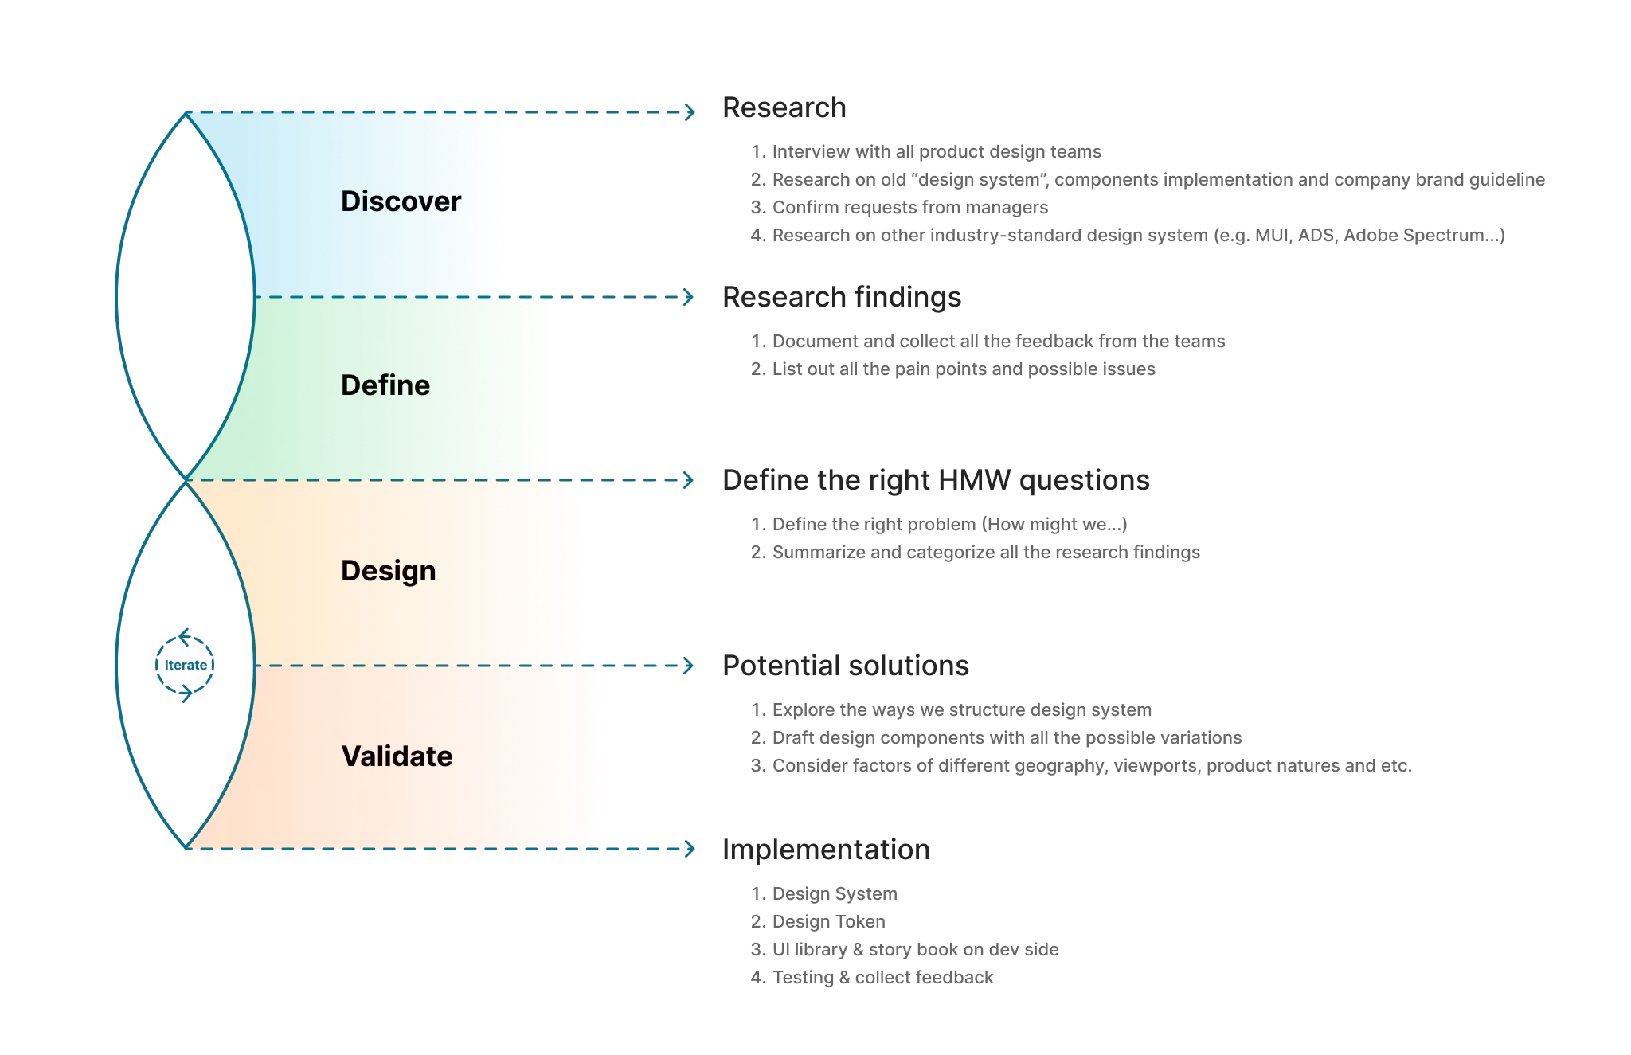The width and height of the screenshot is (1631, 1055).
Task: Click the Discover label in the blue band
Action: click(401, 201)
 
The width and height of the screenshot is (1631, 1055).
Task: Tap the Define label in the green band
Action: click(385, 385)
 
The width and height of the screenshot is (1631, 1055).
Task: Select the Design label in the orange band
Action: click(388, 571)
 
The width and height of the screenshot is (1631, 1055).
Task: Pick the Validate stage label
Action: click(397, 756)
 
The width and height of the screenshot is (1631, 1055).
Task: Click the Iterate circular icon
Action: click(185, 665)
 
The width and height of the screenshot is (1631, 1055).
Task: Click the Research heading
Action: click(784, 107)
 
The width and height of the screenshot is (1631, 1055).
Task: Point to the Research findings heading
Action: click(841, 297)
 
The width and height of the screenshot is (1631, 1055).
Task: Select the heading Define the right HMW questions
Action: click(935, 480)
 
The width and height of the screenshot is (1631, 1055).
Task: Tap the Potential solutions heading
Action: click(845, 666)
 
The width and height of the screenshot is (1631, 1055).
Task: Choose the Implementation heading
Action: click(825, 850)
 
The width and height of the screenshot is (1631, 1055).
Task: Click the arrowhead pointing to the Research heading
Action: click(690, 112)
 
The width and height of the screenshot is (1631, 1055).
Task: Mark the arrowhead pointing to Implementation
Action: click(690, 849)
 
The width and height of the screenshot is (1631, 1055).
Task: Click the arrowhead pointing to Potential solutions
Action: click(689, 666)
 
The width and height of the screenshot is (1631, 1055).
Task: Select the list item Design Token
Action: click(828, 921)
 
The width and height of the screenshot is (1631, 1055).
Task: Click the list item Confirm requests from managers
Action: click(909, 207)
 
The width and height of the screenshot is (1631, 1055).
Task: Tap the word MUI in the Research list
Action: click(1271, 235)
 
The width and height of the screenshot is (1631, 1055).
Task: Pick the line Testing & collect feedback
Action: click(882, 977)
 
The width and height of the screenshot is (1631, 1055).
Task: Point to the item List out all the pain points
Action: click(963, 369)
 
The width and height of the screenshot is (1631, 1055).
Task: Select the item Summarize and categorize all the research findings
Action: click(985, 552)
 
